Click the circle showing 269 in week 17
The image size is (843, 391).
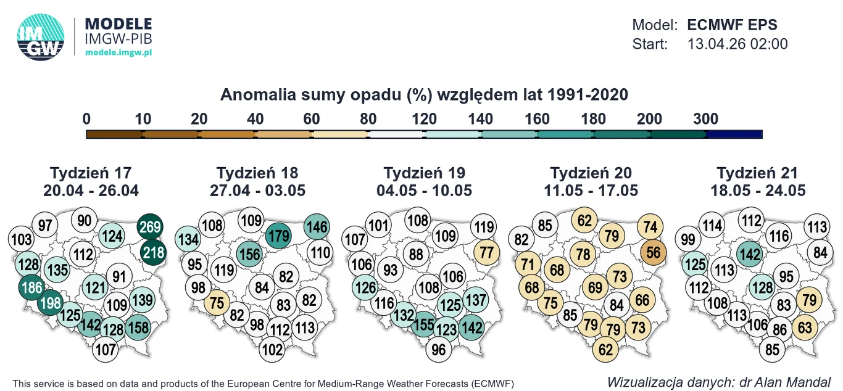click(x=151, y=226)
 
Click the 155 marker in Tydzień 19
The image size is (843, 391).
click(x=423, y=323)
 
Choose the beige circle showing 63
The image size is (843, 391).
click(x=805, y=326)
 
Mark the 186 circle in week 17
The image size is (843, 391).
click(x=31, y=287)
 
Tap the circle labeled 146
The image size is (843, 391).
click(x=317, y=227)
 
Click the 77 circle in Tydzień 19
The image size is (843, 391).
click(x=487, y=252)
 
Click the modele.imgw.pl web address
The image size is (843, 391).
click(x=118, y=53)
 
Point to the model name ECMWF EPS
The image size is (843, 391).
click(x=732, y=25)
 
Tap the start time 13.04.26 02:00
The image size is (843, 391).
click(x=737, y=44)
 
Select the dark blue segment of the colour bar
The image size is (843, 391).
click(x=734, y=134)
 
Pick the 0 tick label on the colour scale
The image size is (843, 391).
click(x=86, y=118)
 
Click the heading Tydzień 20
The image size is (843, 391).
click(x=591, y=173)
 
